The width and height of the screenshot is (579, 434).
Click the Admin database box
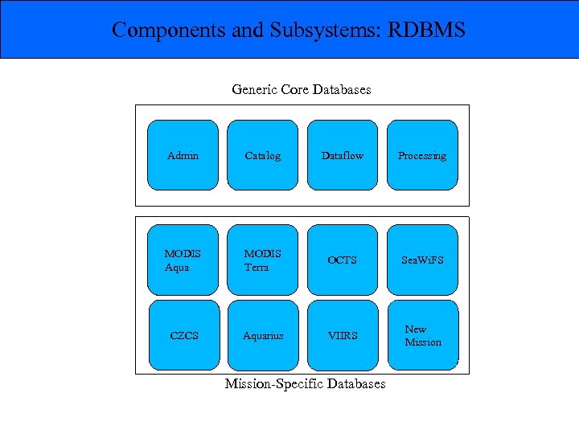pyautogui.click(x=183, y=156)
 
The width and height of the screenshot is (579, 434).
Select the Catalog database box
pyautogui.click(x=263, y=156)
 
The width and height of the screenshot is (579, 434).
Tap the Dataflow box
pyautogui.click(x=343, y=156)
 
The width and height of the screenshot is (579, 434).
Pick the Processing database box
pyautogui.click(x=422, y=156)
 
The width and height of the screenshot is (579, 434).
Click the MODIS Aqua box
pyautogui.click(x=183, y=260)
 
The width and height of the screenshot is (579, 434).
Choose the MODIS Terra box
pyautogui.click(x=263, y=260)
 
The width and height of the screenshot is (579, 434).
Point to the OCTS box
pyautogui.click(x=343, y=260)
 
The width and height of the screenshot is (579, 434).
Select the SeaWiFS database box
pyautogui.click(x=422, y=260)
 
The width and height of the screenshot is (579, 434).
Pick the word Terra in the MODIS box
pyautogui.click(x=257, y=268)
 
